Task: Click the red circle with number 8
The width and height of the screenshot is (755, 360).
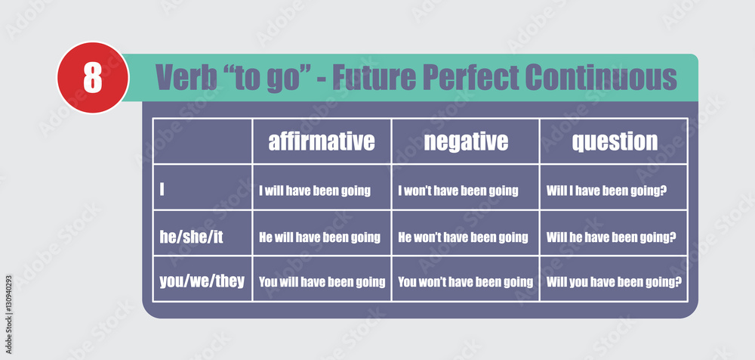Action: coord(93,78)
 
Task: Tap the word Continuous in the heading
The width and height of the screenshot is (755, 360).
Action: coord(601,77)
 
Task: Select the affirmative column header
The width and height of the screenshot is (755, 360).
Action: coord(322,141)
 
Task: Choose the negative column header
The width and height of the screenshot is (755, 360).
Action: coord(466,141)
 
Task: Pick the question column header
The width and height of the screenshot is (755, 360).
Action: coord(615,141)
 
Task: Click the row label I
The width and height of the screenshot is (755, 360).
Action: coord(162,190)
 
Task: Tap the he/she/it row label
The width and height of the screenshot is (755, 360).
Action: coord(192,237)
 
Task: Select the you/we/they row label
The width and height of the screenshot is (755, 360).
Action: coord(202,281)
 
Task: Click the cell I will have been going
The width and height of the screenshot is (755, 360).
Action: coord(315,191)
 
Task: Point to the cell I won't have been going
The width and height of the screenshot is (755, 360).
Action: coord(458,191)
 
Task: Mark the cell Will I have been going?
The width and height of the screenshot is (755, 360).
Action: coord(606,191)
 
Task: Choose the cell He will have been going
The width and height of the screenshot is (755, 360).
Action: coord(319,237)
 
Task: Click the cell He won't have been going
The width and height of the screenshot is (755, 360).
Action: coord(464,237)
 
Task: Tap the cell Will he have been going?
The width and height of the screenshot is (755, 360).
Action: coord(612,237)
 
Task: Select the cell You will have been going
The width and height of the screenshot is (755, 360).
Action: coord(322,282)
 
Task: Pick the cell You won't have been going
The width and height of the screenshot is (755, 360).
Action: coord(466,282)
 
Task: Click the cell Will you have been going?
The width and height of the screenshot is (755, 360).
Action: coord(615,282)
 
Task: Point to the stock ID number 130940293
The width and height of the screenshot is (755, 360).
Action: coord(8,304)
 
